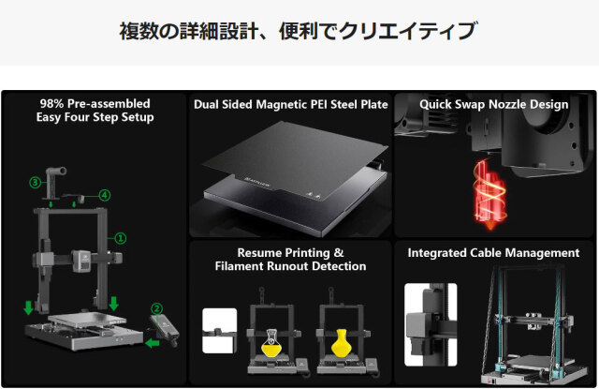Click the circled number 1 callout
pyautogui.click(x=121, y=238)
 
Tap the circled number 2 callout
pyautogui.click(x=156, y=308)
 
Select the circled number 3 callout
pyautogui.click(x=36, y=182)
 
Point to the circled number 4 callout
pyautogui.click(x=105, y=195)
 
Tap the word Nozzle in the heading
pyautogui.click(x=506, y=104)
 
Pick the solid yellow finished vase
pyautogui.click(x=341, y=343)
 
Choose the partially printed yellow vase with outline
pyautogui.click(x=271, y=343)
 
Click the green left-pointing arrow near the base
pyautogui.click(x=152, y=343)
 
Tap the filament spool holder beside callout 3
pyautogui.click(x=54, y=183)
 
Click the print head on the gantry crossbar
pyautogui.click(x=81, y=261)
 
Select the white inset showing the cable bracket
pyautogui.click(x=431, y=324)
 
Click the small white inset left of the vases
pyautogui.click(x=219, y=331)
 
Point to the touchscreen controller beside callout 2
pyautogui.click(x=165, y=330)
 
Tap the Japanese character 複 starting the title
pyautogui.click(x=129, y=31)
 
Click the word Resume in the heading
pyautogui.click(x=254, y=253)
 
